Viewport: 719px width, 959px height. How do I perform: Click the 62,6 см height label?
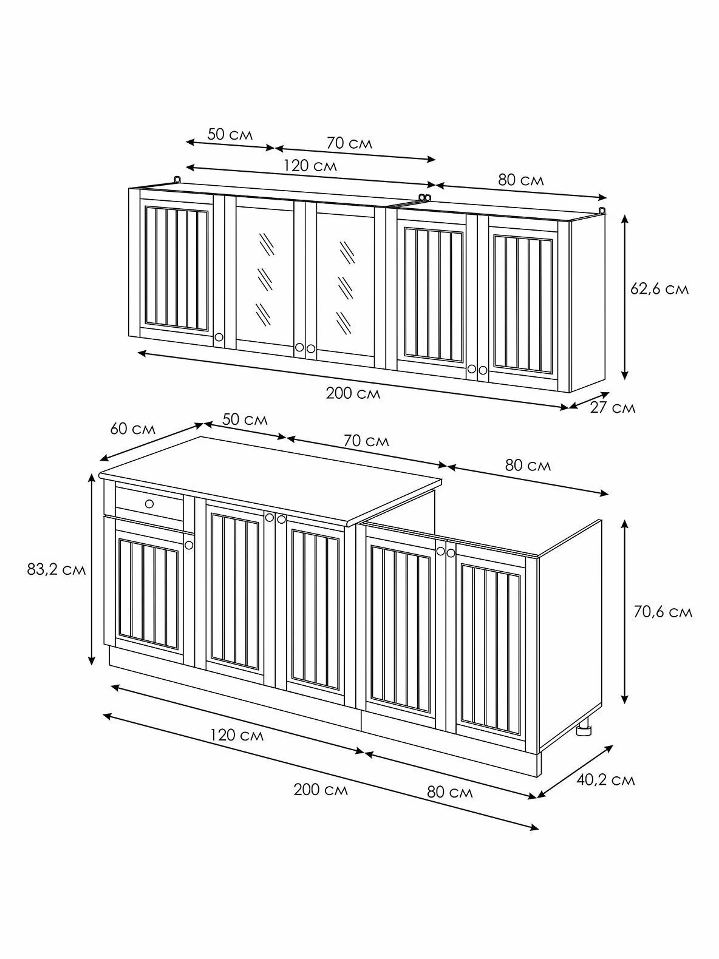659,289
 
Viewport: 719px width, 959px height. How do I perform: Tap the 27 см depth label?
612,408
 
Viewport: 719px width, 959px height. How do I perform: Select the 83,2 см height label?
56,569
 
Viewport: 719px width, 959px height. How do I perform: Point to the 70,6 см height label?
663,612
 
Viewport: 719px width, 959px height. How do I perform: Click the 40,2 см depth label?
605,780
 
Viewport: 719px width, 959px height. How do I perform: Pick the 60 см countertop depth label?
132,429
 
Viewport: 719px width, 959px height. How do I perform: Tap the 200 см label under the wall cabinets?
353,393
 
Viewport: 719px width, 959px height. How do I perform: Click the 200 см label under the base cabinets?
321,790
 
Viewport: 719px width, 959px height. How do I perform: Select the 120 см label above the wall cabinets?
310,166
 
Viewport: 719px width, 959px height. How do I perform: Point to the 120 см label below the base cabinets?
237,735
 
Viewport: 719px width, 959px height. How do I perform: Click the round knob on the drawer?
149,504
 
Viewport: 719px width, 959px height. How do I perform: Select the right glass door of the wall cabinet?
346,284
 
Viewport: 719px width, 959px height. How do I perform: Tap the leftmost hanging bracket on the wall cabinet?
177,180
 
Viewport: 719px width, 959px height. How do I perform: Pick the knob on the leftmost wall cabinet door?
219,337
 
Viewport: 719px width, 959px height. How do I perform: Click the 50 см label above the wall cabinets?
230,134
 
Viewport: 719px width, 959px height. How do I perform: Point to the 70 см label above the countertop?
366,441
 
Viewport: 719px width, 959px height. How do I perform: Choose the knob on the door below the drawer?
189,545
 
